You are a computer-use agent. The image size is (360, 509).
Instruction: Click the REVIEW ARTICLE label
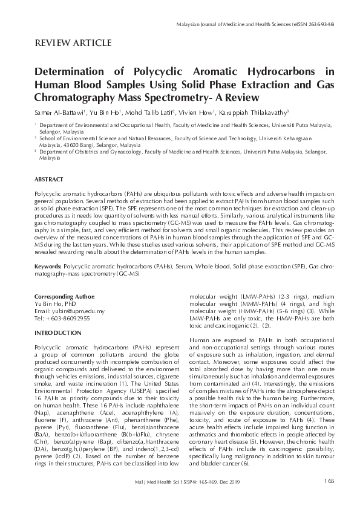click(x=73, y=42)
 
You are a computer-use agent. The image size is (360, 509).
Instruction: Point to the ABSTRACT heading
click(x=48, y=180)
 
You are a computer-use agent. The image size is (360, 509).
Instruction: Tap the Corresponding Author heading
click(x=65, y=297)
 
